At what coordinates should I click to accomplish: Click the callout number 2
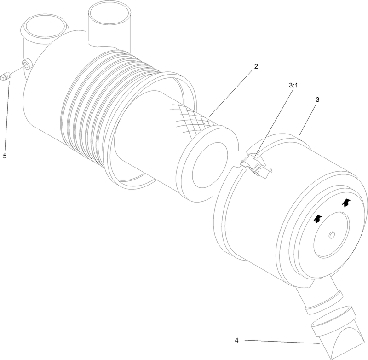[256, 66]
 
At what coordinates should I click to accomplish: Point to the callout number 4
[236, 341]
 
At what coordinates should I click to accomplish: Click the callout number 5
[5, 156]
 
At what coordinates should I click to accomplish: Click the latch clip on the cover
[255, 164]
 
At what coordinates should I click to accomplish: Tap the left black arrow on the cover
[317, 221]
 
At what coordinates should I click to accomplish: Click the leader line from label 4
[281, 342]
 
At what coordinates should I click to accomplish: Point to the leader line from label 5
[7, 115]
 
